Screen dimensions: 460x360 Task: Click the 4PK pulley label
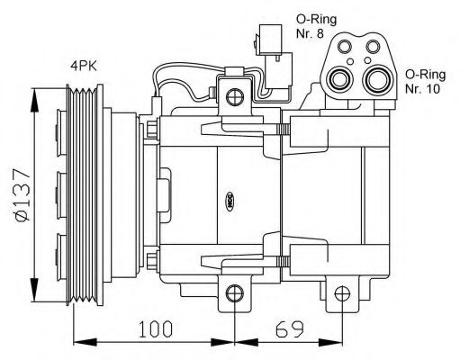[x=84, y=66]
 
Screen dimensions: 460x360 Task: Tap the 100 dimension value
[x=156, y=328]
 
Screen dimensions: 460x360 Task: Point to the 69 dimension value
[x=290, y=328]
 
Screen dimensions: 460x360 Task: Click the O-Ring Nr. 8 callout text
[x=316, y=26]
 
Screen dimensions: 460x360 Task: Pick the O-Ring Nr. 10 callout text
[x=426, y=81]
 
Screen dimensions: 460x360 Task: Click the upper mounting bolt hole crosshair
[x=234, y=97]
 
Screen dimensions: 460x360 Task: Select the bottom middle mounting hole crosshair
[x=235, y=293]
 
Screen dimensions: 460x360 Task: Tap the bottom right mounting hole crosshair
[x=342, y=293]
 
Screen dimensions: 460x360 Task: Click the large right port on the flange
[x=377, y=79]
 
